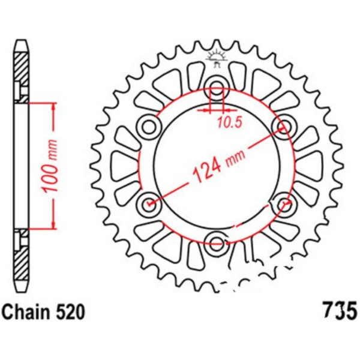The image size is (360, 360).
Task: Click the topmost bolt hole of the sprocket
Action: [216, 84]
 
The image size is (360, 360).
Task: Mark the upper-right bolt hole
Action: [284, 125]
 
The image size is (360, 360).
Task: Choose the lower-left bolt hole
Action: [148, 203]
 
